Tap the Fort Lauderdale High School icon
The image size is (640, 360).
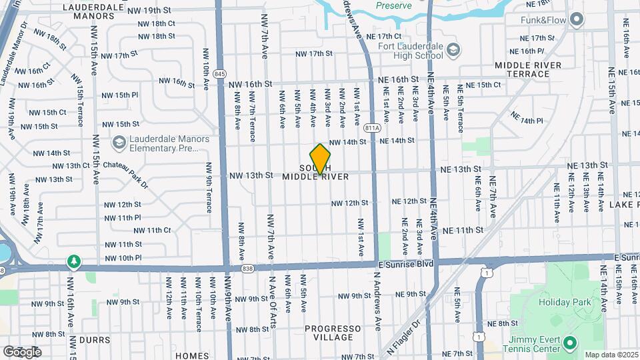tap(453, 49)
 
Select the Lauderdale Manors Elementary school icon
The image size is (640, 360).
tap(119, 143)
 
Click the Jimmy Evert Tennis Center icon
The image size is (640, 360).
tap(569, 344)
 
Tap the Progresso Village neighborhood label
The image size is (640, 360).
tap(333, 333)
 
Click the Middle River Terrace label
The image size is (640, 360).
tap(528, 69)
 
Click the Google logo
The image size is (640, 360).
tap(22, 351)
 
